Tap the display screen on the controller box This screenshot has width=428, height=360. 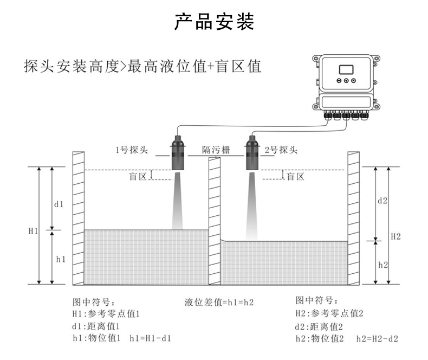(x=346, y=69)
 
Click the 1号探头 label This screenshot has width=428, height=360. (x=131, y=150)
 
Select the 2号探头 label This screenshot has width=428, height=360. (x=281, y=150)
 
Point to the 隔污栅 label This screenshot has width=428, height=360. (x=215, y=150)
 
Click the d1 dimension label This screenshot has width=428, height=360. (x=59, y=204)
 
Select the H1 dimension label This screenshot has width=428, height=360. (x=33, y=232)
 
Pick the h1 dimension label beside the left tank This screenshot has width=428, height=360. (x=61, y=260)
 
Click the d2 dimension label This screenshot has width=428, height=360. (x=381, y=200)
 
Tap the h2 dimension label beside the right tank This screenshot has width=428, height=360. (x=382, y=265)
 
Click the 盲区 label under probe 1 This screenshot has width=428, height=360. (x=138, y=177)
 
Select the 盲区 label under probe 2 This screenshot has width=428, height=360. (x=295, y=177)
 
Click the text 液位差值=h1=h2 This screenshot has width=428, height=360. (x=219, y=302)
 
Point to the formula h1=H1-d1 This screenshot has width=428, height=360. (x=151, y=338)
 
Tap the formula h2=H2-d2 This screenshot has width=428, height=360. (x=377, y=339)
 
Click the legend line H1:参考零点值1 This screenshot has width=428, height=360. (x=107, y=314)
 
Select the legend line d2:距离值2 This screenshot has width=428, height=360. (x=319, y=326)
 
